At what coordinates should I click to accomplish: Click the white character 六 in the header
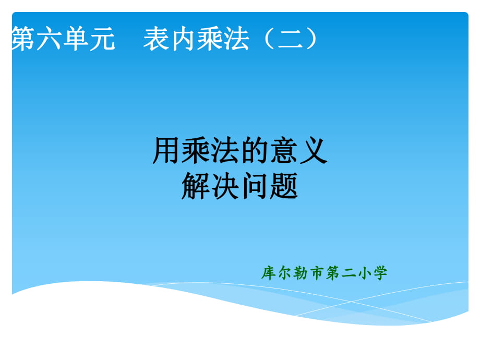(x=49, y=38)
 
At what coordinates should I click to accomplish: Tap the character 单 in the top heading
(x=75, y=38)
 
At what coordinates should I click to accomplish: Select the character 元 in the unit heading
(x=102, y=39)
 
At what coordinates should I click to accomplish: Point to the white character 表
(x=156, y=38)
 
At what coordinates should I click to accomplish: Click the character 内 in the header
(x=183, y=39)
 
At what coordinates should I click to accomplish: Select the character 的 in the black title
(x=254, y=150)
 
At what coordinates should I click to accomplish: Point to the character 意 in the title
(x=283, y=150)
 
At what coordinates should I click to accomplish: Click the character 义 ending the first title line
(x=313, y=150)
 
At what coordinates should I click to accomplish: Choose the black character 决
(x=225, y=186)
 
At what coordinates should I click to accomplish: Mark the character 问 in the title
(x=254, y=186)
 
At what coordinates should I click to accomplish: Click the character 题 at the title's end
(x=283, y=186)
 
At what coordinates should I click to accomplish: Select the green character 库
(x=268, y=273)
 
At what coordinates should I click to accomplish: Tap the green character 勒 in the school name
(x=300, y=273)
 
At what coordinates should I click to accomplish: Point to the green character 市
(x=317, y=273)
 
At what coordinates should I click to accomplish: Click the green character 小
(x=364, y=273)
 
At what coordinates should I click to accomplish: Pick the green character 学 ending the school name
(x=380, y=273)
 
